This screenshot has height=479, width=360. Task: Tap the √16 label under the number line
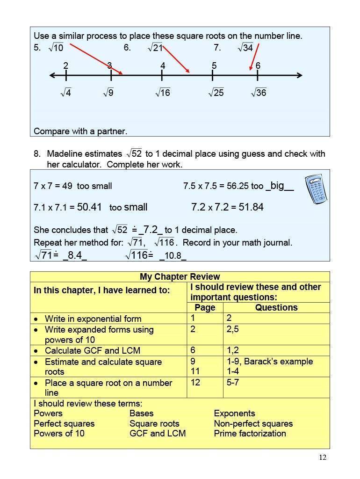pos(163,93)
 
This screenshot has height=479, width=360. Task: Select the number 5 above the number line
pos(214,65)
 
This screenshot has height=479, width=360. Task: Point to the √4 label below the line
pos(65,93)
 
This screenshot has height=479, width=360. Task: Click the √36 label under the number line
pos(259,93)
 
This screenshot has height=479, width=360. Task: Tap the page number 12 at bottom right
pos(323,457)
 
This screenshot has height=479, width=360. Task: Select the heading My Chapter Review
pos(180,276)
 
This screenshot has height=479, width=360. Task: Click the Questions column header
pos(276,307)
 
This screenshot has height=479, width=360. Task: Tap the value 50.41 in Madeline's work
pos(89,207)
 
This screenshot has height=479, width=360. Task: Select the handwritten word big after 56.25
pos(277,186)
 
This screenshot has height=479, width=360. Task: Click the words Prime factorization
pos(250,433)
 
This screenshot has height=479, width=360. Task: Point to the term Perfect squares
pos(64,423)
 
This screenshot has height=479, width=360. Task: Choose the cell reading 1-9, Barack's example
pos(269,361)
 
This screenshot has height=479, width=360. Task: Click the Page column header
pos(205,307)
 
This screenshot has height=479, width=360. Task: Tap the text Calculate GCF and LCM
pos(93,350)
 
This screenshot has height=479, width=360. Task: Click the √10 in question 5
pos(56,47)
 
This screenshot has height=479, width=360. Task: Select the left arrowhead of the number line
pos(52,75)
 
